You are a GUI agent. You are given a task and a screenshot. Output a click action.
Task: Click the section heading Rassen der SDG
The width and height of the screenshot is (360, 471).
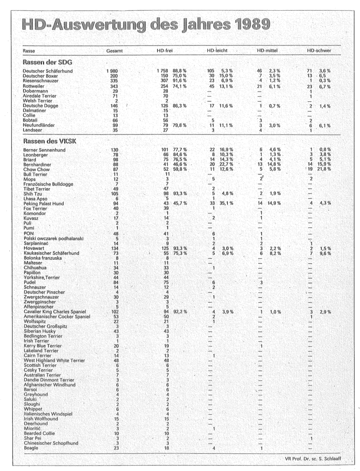click(44, 62)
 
